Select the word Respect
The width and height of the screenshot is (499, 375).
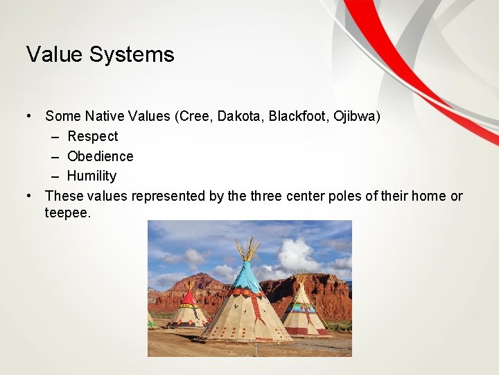tap(92, 136)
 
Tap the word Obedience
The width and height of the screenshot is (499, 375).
tap(100, 156)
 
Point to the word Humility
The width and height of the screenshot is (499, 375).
tap(91, 176)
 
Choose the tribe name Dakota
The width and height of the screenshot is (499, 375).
tap(239, 116)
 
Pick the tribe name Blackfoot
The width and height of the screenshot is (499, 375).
tap(299, 116)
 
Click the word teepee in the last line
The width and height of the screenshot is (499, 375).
tap(67, 213)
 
